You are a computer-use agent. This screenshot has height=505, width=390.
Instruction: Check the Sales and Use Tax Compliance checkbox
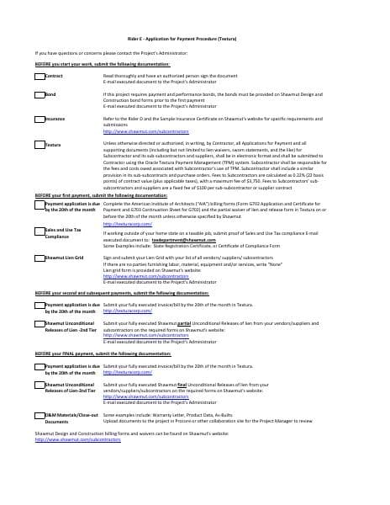[40, 229]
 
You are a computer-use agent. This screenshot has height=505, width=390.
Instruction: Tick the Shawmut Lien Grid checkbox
[40, 256]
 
